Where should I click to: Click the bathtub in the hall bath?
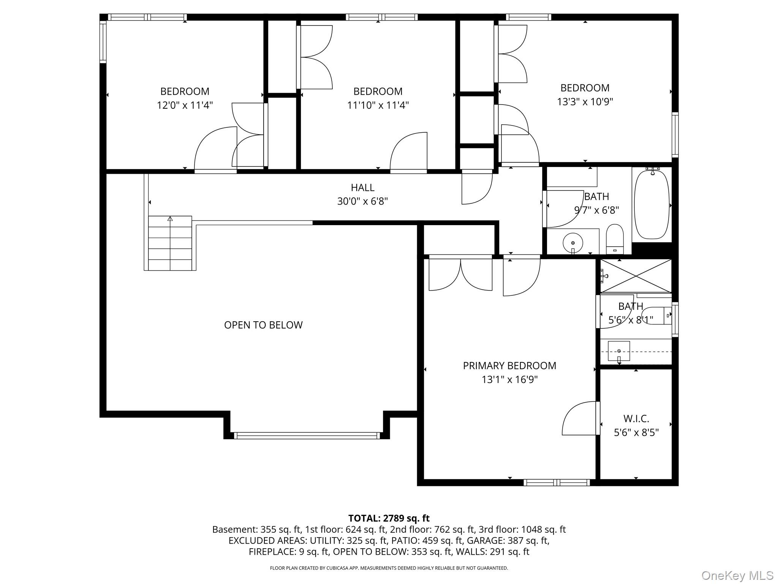(x=652, y=204)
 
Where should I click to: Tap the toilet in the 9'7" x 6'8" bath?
(x=615, y=239)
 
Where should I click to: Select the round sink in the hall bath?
(x=572, y=242)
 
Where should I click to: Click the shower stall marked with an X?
(x=636, y=276)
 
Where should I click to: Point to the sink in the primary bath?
(x=619, y=351)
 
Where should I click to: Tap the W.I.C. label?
(x=636, y=419)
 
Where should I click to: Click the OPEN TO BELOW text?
(x=263, y=325)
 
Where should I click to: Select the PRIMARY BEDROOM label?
(x=509, y=366)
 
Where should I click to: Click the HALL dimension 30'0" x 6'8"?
(x=362, y=201)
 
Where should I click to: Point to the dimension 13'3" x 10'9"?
(x=585, y=102)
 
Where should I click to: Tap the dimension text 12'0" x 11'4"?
(x=185, y=105)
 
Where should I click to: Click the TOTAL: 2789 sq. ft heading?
(x=389, y=518)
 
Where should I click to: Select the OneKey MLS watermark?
(x=737, y=576)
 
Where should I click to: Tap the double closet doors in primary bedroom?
(x=460, y=275)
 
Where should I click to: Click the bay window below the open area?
(x=307, y=436)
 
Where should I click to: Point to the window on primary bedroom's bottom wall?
(x=557, y=482)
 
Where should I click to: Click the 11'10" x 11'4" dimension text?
(x=378, y=105)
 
